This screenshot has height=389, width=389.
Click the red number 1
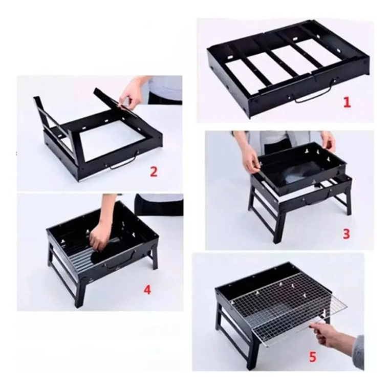pos(347,102)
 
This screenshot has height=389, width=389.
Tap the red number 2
pos(154,171)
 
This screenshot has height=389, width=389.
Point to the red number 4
pos(147,289)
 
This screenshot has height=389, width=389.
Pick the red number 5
pos(313,357)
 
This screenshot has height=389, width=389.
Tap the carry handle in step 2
pos(123,163)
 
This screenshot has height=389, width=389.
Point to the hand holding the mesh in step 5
pos(335,335)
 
